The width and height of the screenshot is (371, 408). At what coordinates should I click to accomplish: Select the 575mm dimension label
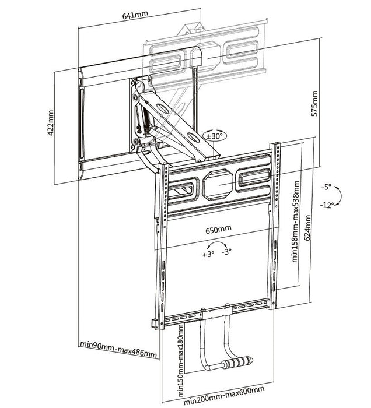coord(316,104)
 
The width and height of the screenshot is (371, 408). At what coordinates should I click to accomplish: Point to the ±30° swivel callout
coord(215,136)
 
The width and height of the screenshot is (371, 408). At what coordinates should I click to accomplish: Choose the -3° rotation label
coord(226,251)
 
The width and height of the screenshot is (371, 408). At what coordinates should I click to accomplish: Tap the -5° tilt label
coord(325,187)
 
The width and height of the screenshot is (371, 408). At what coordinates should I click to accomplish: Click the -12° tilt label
coord(327,204)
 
